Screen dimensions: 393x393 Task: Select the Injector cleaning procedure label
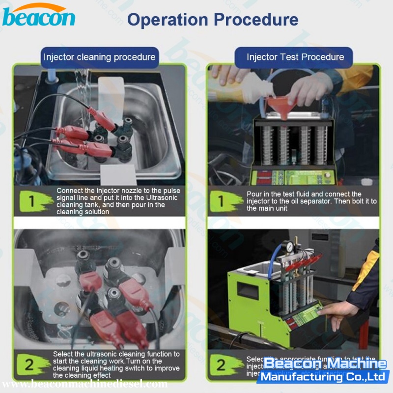(99, 57)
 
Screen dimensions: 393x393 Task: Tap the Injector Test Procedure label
(295, 57)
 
